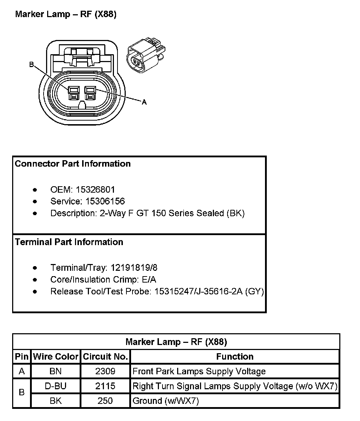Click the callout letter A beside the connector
[144, 102]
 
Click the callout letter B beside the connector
[31, 65]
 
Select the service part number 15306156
[105, 201]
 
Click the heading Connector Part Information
[73, 164]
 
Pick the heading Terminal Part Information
[69, 242]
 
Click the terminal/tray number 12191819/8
[134, 268]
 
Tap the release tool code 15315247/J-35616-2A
[198, 291]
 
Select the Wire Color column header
[55, 356]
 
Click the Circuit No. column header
[105, 356]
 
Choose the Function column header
[235, 356]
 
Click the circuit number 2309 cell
[105, 371]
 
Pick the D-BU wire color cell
[55, 386]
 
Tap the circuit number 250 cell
[105, 401]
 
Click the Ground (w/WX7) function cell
[165, 401]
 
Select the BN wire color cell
[55, 371]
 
